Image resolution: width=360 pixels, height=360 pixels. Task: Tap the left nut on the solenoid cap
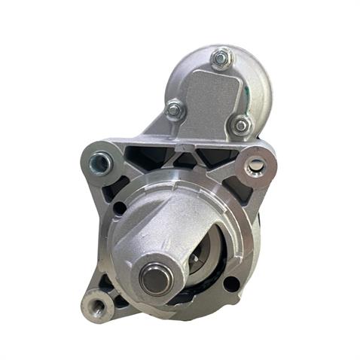click(x=174, y=110)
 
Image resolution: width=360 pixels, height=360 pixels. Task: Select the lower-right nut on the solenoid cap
click(x=241, y=124)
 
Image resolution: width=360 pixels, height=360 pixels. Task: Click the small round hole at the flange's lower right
click(x=231, y=284)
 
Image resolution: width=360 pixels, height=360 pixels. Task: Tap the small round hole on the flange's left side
click(x=120, y=208)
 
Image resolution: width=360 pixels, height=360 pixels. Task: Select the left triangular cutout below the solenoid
click(x=154, y=157)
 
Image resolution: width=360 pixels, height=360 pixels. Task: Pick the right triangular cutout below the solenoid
click(x=212, y=157)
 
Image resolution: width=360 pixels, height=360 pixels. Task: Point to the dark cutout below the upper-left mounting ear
click(x=113, y=188)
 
